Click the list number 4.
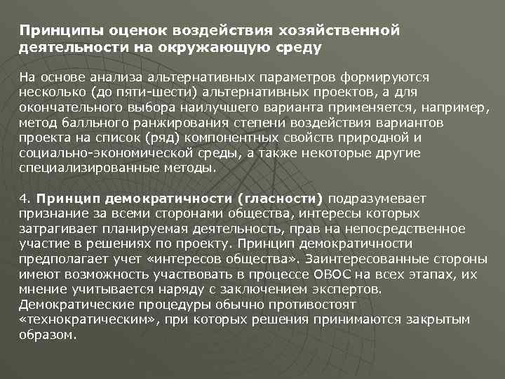click(x=24, y=198)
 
